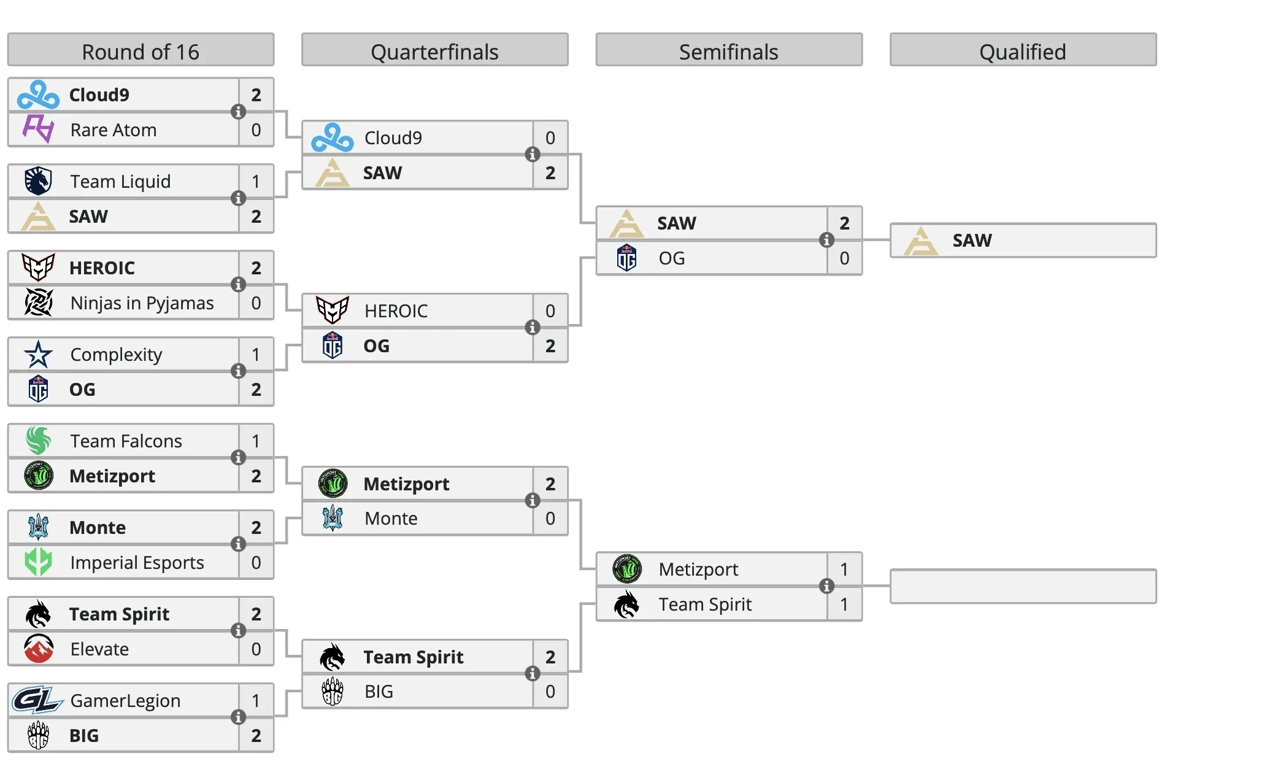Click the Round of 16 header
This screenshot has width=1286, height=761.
[141, 52]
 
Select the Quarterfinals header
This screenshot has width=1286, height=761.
[434, 52]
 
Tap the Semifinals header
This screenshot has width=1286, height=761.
[728, 52]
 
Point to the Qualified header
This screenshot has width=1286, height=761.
[1022, 52]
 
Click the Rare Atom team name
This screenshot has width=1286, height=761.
[114, 130]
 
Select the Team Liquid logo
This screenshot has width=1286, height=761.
[38, 181]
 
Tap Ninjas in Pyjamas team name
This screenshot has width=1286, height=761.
[142, 303]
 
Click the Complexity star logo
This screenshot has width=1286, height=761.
[38, 354]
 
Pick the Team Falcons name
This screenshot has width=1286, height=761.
[126, 441]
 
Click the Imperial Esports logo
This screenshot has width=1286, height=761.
[38, 562]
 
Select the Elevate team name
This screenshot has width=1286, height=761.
[99, 649]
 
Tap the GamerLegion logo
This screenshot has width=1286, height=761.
[38, 700]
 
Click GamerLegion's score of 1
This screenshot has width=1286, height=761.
[256, 700]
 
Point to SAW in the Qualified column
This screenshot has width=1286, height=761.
[972, 240]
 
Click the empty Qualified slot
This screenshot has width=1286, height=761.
[1023, 586]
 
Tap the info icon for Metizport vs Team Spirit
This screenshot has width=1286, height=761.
[826, 586]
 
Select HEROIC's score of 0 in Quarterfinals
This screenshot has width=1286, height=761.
[550, 311]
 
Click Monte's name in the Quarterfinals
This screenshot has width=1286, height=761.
[391, 519]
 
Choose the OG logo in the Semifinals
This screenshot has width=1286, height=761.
[626, 258]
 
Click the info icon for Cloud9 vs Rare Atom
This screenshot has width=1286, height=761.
[238, 112]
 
